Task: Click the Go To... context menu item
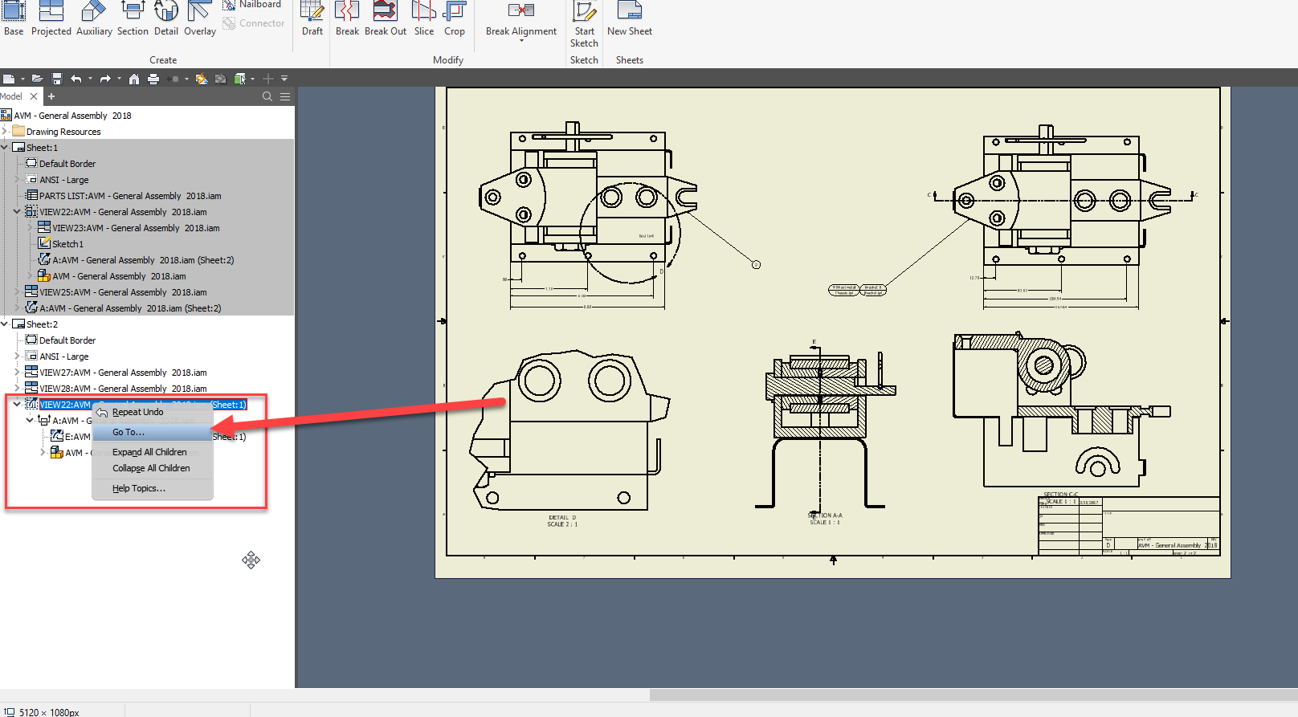click(x=129, y=432)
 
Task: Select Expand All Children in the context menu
click(x=149, y=452)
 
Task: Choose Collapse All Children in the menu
click(x=151, y=468)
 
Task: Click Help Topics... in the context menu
click(x=138, y=488)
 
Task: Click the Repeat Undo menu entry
click(x=137, y=412)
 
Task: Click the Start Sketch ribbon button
click(x=584, y=24)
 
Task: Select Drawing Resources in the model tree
click(x=63, y=132)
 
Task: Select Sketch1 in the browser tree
click(x=67, y=244)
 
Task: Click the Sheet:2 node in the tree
click(x=42, y=324)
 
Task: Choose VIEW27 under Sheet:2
click(x=123, y=373)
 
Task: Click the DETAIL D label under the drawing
click(x=562, y=518)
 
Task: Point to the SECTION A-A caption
click(x=826, y=515)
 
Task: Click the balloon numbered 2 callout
click(x=756, y=264)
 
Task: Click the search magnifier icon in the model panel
click(x=267, y=96)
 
